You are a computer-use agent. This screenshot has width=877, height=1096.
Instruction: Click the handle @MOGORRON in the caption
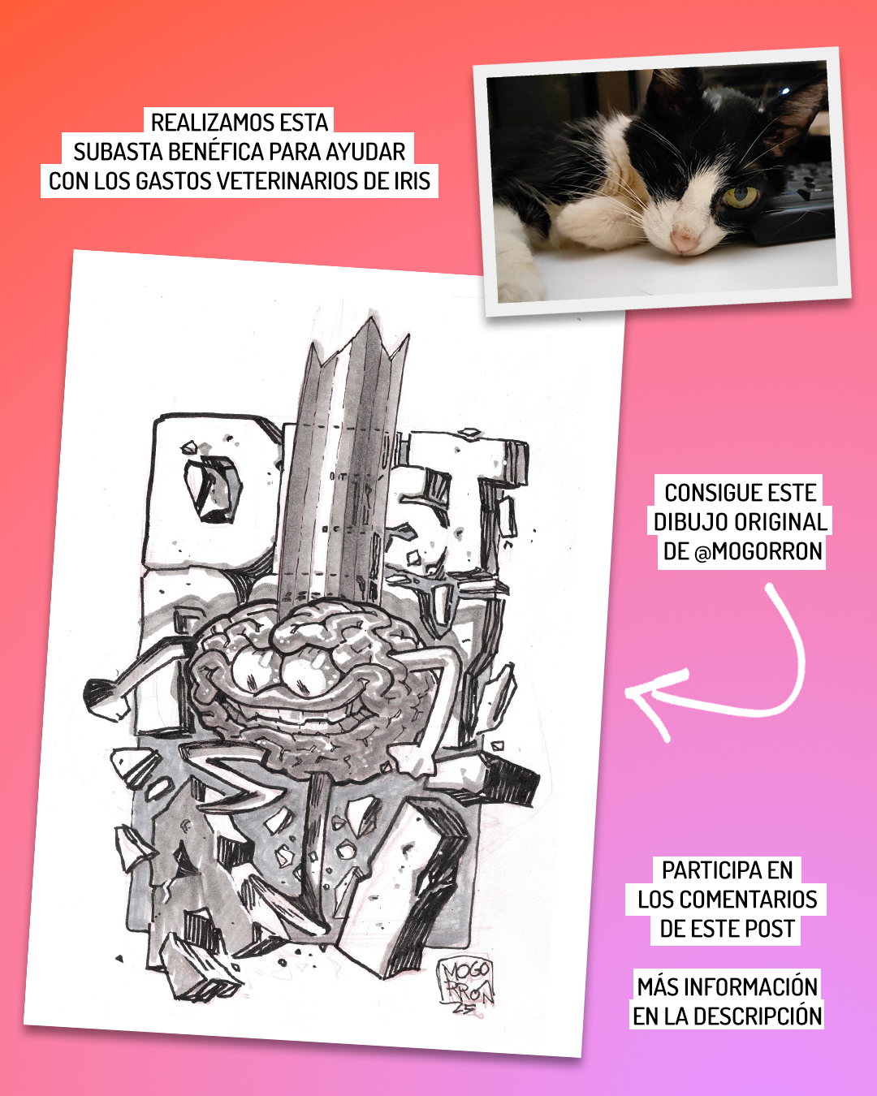758,551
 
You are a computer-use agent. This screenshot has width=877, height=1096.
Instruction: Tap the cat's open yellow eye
741,197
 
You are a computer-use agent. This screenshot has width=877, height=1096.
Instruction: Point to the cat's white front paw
517,277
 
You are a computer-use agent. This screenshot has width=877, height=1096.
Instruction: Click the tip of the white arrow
626,692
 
